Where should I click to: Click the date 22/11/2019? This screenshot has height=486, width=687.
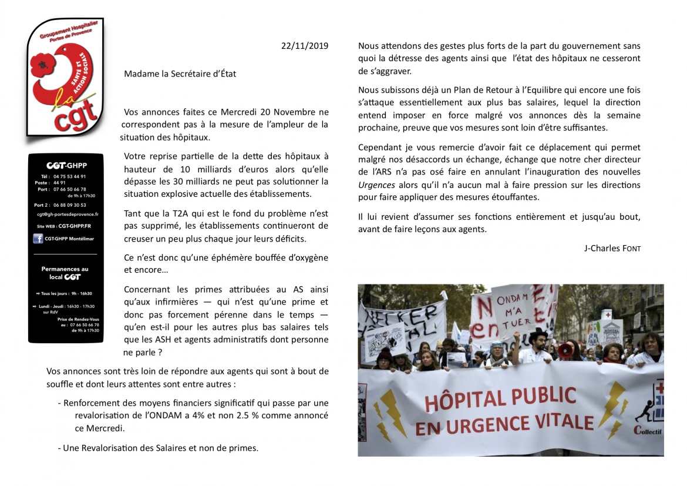(x=305, y=46)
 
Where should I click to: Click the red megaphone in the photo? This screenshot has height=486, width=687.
(x=565, y=351)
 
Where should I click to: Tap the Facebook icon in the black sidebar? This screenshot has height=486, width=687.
(x=38, y=239)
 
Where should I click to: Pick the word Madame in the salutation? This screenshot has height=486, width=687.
(x=140, y=74)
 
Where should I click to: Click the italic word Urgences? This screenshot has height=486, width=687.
(x=376, y=185)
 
